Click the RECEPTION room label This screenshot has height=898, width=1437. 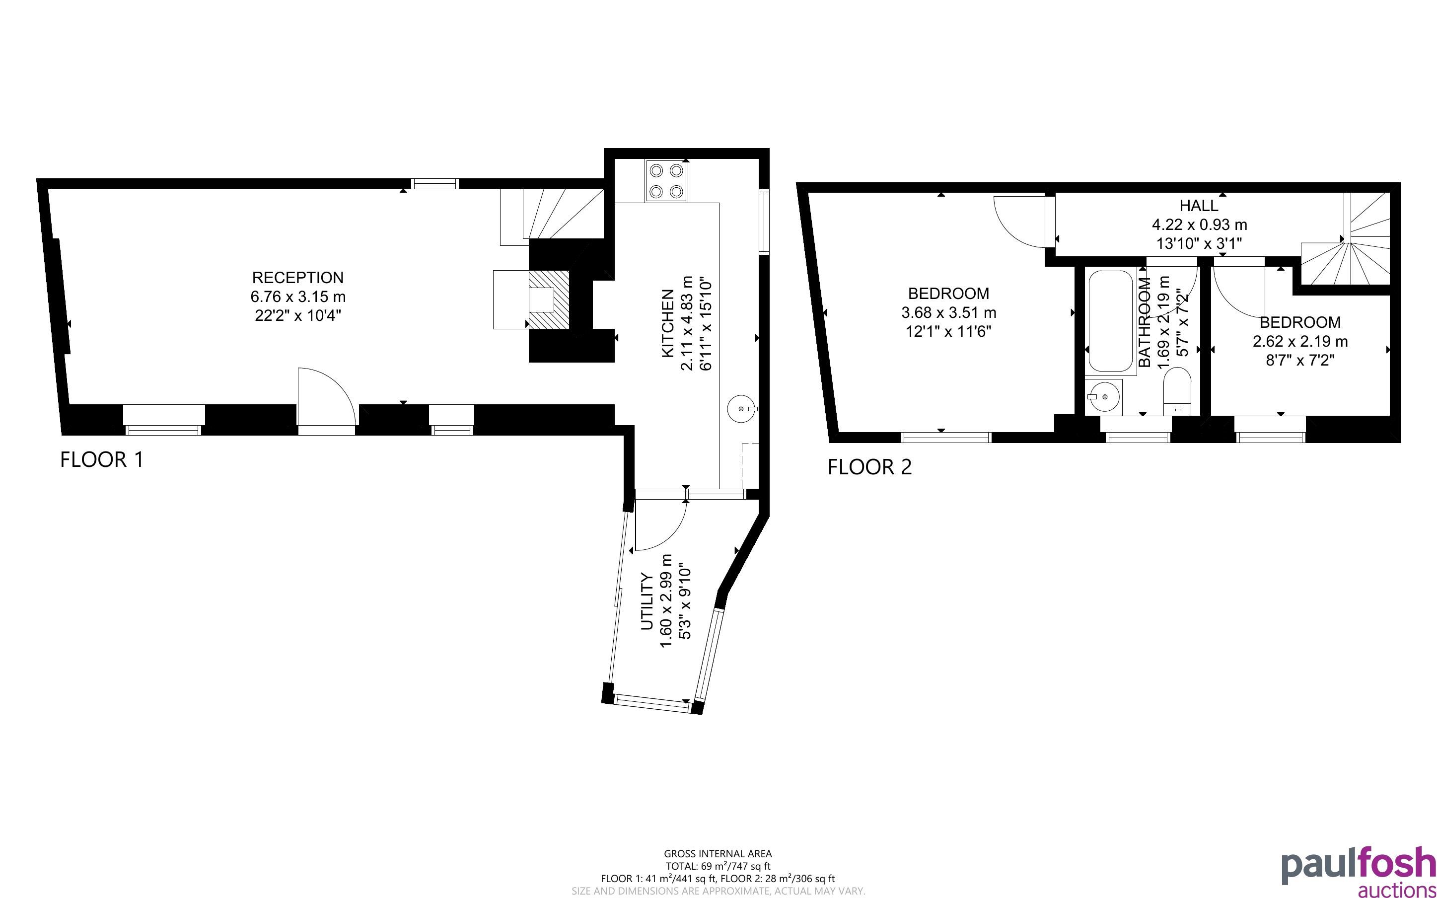coord(297,277)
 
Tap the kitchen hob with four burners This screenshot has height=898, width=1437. coord(665,181)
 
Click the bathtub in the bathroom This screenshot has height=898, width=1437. coord(1110,321)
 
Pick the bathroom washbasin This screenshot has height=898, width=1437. coord(1103,397)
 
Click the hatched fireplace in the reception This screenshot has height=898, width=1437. coord(549,300)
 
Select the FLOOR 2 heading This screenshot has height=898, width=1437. coord(869,467)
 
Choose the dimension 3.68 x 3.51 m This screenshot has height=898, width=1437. coord(948,312)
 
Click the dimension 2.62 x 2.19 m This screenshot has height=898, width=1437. coord(1300,342)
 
